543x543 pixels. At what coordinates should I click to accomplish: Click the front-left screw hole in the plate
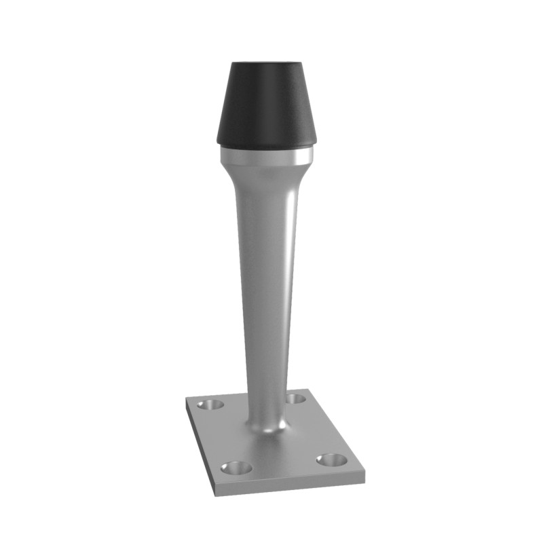236,468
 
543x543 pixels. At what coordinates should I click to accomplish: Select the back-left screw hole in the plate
211,405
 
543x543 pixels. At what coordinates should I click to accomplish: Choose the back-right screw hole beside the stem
295,398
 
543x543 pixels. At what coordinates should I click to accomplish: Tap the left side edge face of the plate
198,448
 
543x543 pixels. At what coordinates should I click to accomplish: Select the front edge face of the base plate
292,486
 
